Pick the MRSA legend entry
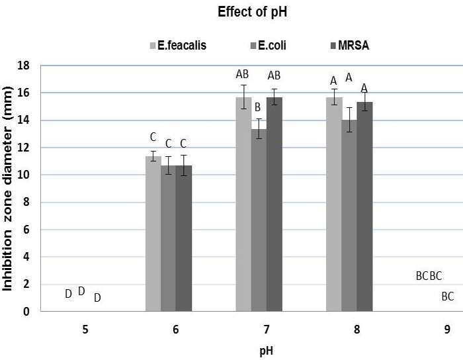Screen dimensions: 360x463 point(350,46)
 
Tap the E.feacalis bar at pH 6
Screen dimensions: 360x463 point(153,234)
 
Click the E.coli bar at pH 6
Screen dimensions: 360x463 point(169,238)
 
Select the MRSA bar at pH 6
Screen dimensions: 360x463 point(184,238)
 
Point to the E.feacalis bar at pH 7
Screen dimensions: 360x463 point(243,204)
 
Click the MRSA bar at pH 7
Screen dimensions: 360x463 point(274,204)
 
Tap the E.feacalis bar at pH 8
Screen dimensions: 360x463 point(334,204)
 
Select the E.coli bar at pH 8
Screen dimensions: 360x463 point(349,216)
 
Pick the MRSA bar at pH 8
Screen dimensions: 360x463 point(364,206)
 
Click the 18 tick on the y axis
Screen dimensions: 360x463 point(27,66)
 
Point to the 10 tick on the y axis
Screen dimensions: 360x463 point(27,175)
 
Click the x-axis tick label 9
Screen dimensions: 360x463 point(447,329)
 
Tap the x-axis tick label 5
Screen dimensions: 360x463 point(86,329)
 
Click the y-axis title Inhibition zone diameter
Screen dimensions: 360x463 point(9,176)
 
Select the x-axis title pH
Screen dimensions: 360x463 point(266,351)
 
